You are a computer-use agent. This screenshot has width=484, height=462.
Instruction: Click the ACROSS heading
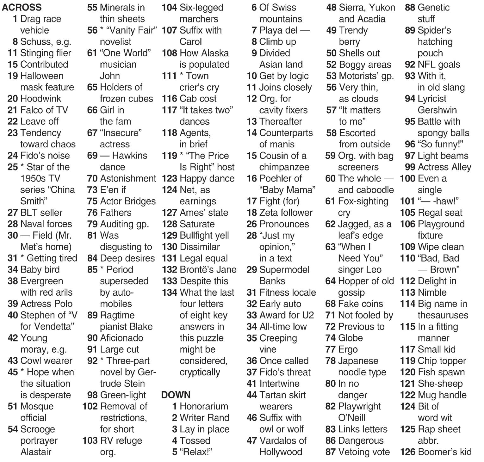[x=22, y=7]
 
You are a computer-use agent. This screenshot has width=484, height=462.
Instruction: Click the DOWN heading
[x=176, y=395]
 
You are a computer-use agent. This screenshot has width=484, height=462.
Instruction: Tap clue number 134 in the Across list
[x=170, y=292]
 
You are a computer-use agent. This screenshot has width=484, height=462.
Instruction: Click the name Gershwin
[x=437, y=110]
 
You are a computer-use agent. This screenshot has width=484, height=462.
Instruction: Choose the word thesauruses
[x=443, y=315]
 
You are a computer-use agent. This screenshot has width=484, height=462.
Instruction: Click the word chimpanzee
[x=284, y=167]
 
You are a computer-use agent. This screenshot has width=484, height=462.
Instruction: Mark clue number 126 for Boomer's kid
[x=407, y=452]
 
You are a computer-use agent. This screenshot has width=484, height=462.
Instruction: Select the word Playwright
[x=359, y=406]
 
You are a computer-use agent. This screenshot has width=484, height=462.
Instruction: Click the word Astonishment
[x=128, y=178]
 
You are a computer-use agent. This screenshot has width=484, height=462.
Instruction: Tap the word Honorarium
[x=204, y=406]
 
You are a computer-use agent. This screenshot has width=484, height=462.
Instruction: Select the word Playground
[x=441, y=224]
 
